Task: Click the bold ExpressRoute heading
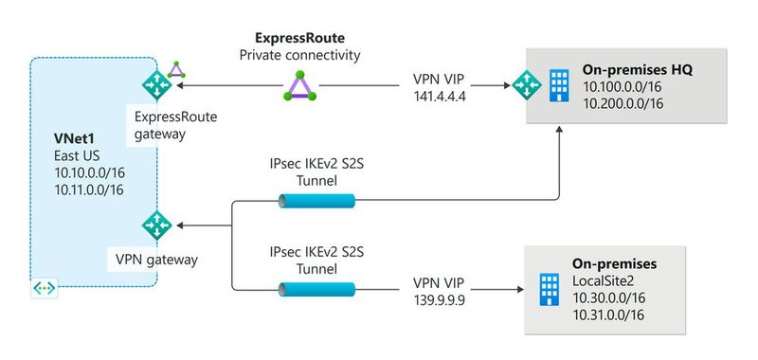[x=300, y=39]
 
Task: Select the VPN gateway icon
[x=153, y=225]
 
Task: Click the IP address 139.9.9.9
[x=442, y=300]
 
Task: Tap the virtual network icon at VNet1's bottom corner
[x=43, y=286]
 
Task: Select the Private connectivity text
[x=300, y=56]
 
